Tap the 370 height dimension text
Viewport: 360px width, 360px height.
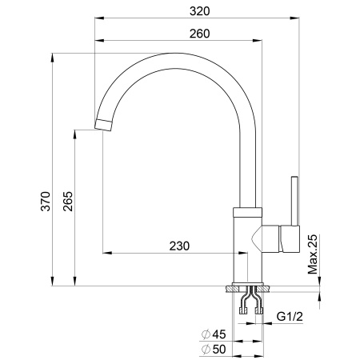coord(46,201)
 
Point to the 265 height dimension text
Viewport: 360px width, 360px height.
coord(67,201)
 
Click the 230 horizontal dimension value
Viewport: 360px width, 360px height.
coord(180,246)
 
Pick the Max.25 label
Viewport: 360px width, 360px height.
coord(313,253)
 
